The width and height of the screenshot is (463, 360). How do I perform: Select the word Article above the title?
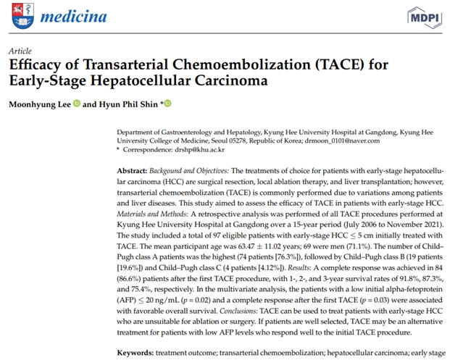coord(20,52)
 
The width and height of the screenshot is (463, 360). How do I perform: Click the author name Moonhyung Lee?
coord(40,104)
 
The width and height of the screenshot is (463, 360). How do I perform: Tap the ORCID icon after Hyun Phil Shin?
coord(167,104)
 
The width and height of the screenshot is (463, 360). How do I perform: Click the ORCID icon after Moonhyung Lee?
coord(77,104)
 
